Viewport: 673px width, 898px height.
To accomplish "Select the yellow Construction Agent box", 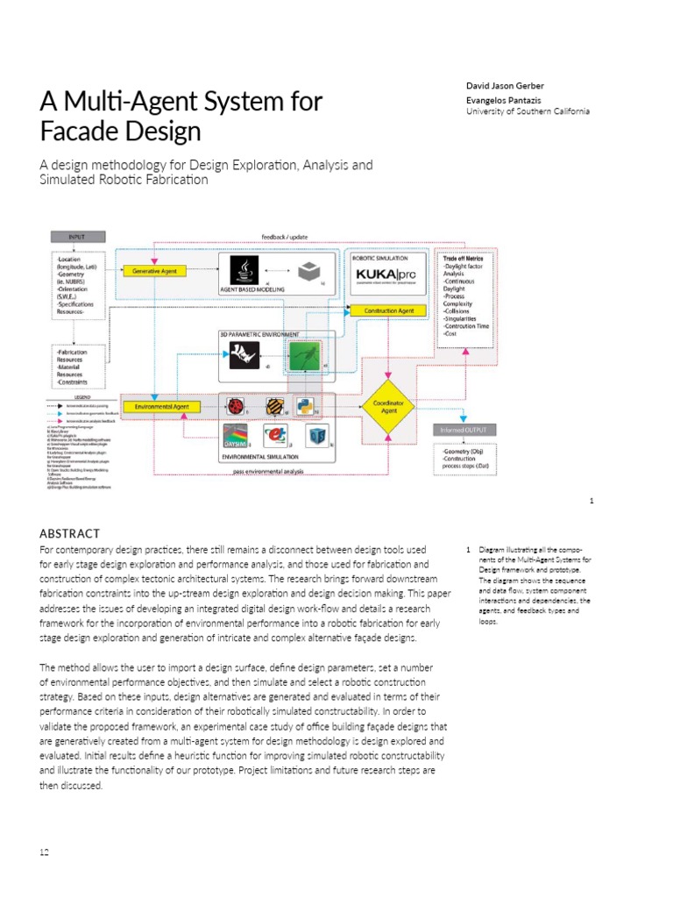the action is coord(382,310).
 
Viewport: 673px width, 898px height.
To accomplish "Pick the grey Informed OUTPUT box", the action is coord(464,431).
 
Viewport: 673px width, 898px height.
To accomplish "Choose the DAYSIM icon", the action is coord(237,436).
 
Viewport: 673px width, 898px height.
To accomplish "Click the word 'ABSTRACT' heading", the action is coord(70,533).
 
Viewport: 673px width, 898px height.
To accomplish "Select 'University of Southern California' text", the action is coord(528,111).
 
